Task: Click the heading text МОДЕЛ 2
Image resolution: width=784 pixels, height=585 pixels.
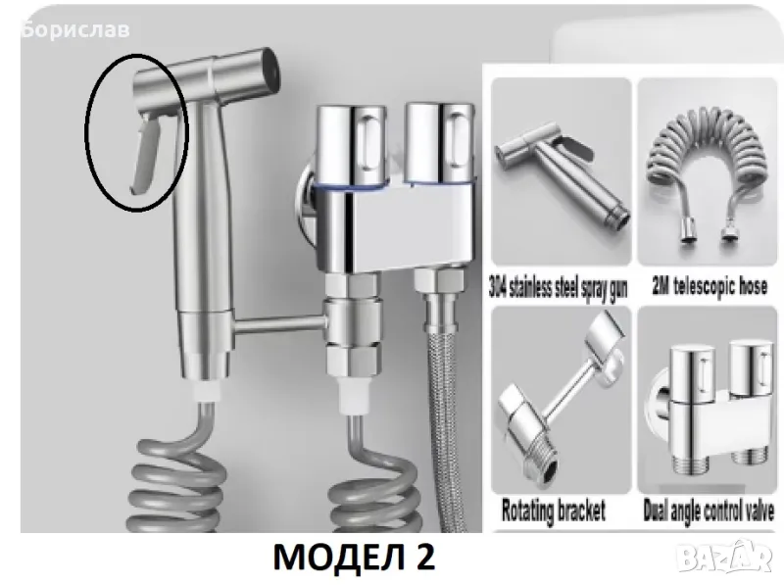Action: (x=354, y=557)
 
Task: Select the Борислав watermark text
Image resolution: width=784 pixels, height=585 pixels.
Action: (x=76, y=29)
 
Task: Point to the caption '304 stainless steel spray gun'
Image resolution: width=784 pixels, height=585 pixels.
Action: (x=559, y=288)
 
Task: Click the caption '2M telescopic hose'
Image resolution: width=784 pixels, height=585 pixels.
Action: (x=710, y=286)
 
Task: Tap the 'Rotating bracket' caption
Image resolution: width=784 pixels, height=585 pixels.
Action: (x=554, y=511)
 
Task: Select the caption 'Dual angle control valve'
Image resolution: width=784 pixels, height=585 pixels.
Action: (x=709, y=511)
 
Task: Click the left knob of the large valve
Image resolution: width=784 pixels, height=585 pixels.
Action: (x=353, y=145)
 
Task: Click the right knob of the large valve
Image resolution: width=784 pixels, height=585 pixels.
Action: (x=439, y=143)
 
